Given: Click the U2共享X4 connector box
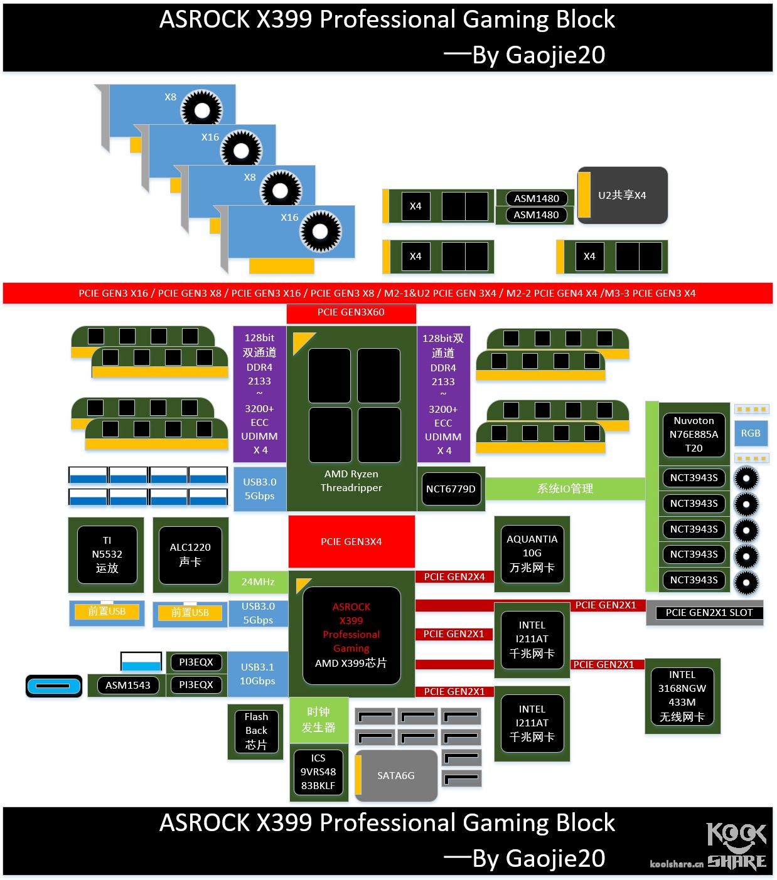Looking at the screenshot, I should (x=622, y=195).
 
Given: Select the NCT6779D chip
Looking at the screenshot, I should (x=451, y=489).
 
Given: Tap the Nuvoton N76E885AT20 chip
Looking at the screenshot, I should (x=694, y=434).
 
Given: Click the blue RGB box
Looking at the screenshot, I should (x=751, y=433).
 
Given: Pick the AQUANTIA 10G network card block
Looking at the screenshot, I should (x=532, y=553).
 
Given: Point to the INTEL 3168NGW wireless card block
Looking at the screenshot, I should (x=682, y=696).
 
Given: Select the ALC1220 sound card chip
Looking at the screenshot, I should (x=190, y=554).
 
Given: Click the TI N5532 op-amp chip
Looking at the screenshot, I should (x=107, y=554).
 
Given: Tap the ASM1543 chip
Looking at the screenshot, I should (x=127, y=685).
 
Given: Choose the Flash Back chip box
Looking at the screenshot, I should (x=256, y=731).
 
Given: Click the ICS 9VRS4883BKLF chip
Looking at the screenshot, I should (x=318, y=772).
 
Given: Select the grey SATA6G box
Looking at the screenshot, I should (x=396, y=775).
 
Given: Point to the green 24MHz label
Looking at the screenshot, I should (x=258, y=582).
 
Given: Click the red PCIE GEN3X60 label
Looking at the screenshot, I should (x=351, y=312).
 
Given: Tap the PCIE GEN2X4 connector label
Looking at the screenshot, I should (x=454, y=577).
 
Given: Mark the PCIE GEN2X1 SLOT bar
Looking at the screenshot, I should (x=709, y=613).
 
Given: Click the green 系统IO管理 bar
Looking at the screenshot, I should (x=565, y=489).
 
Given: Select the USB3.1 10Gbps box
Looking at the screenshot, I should (x=257, y=674).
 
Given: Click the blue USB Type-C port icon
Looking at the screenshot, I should (x=54, y=686).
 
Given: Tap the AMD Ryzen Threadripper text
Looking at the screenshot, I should (x=351, y=481).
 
